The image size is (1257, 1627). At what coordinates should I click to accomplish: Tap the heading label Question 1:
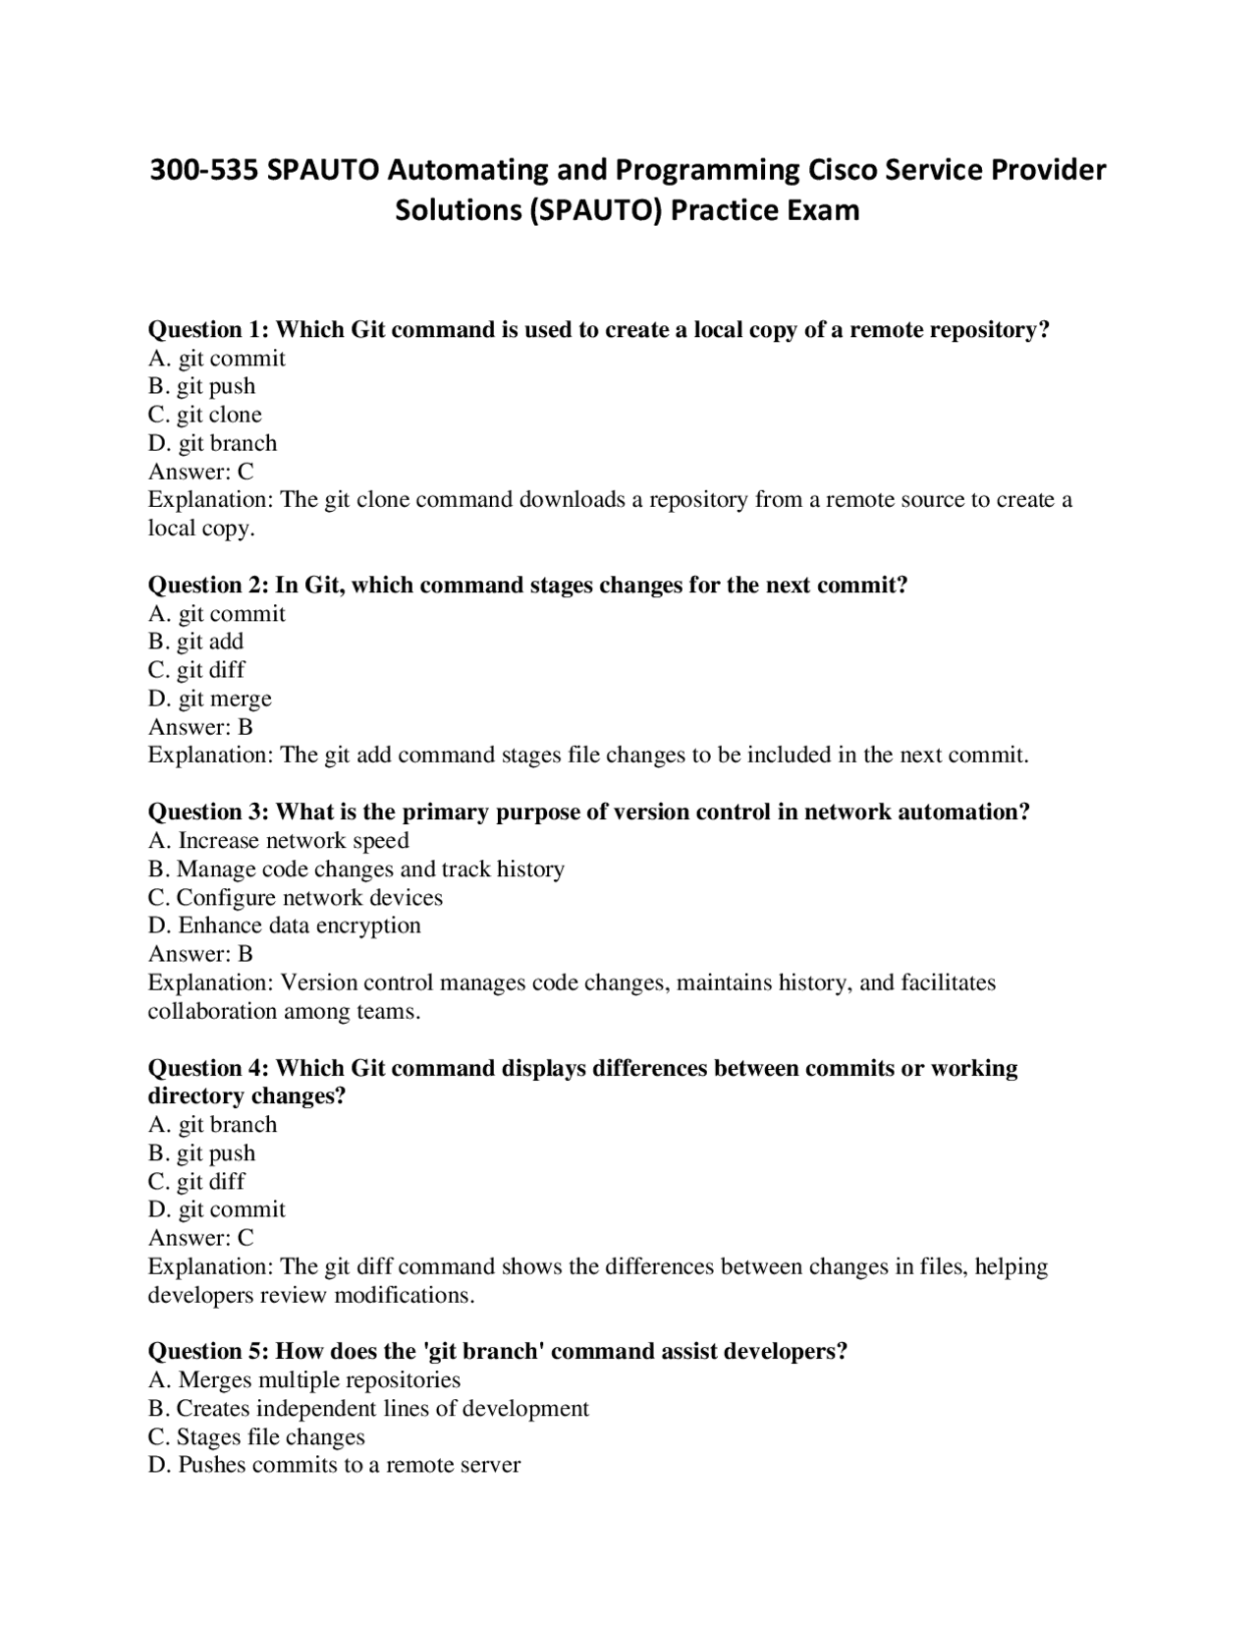point(209,330)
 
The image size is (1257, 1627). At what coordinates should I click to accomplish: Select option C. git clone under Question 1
point(205,415)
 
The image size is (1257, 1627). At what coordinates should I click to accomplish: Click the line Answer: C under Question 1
point(200,472)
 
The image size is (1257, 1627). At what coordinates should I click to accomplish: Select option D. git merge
point(209,699)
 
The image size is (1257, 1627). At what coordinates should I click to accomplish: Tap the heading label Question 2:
point(209,586)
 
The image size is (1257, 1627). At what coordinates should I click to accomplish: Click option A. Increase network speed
point(278,841)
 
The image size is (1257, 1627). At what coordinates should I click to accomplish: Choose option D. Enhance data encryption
point(284,926)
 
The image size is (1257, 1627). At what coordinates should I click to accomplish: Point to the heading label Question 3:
point(209,813)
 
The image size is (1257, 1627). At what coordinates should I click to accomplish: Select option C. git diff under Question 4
point(196,1181)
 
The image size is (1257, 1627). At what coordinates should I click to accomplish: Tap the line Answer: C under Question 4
point(200,1238)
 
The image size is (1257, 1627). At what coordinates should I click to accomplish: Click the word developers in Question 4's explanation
point(200,1295)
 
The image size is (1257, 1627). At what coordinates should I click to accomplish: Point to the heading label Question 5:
point(209,1352)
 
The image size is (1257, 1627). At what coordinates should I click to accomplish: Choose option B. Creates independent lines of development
point(368,1409)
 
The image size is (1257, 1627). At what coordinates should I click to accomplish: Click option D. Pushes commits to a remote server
point(334,1466)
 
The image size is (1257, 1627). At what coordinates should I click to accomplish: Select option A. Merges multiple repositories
point(304,1380)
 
